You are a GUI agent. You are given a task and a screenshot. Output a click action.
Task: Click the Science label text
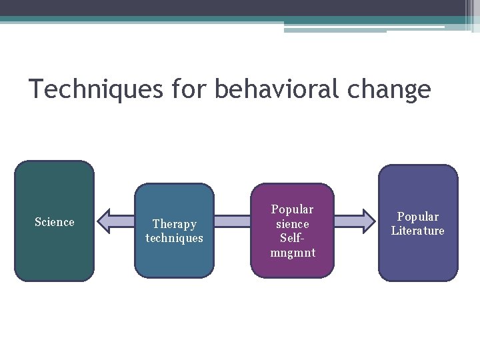[54, 222]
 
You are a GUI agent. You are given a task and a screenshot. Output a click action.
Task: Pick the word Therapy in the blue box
[174, 224]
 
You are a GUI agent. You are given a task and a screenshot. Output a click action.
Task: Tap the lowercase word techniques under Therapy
[174, 238]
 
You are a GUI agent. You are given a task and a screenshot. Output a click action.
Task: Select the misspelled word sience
[292, 224]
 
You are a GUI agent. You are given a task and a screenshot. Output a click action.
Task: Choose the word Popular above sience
[292, 209]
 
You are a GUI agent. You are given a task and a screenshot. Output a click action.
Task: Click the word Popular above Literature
[418, 217]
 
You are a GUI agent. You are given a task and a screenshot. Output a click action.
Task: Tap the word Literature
[418, 231]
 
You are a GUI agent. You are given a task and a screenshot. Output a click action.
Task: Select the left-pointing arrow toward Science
[117, 221]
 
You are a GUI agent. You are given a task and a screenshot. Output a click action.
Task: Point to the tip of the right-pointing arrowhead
[375, 221]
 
